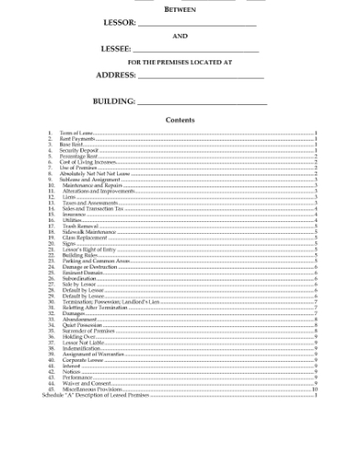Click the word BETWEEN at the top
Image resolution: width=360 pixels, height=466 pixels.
coord(180,7)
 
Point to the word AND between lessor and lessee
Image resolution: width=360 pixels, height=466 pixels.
coord(180,36)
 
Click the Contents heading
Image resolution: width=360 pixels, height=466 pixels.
coord(180,120)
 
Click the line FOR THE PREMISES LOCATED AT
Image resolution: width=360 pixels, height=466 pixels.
coord(180,61)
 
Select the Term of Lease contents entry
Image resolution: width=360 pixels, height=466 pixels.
coord(76,133)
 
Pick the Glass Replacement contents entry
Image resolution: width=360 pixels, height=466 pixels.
coord(85,236)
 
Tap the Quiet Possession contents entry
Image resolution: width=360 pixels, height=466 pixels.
coord(82,324)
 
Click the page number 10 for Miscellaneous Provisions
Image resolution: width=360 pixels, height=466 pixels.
coord(313,388)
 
